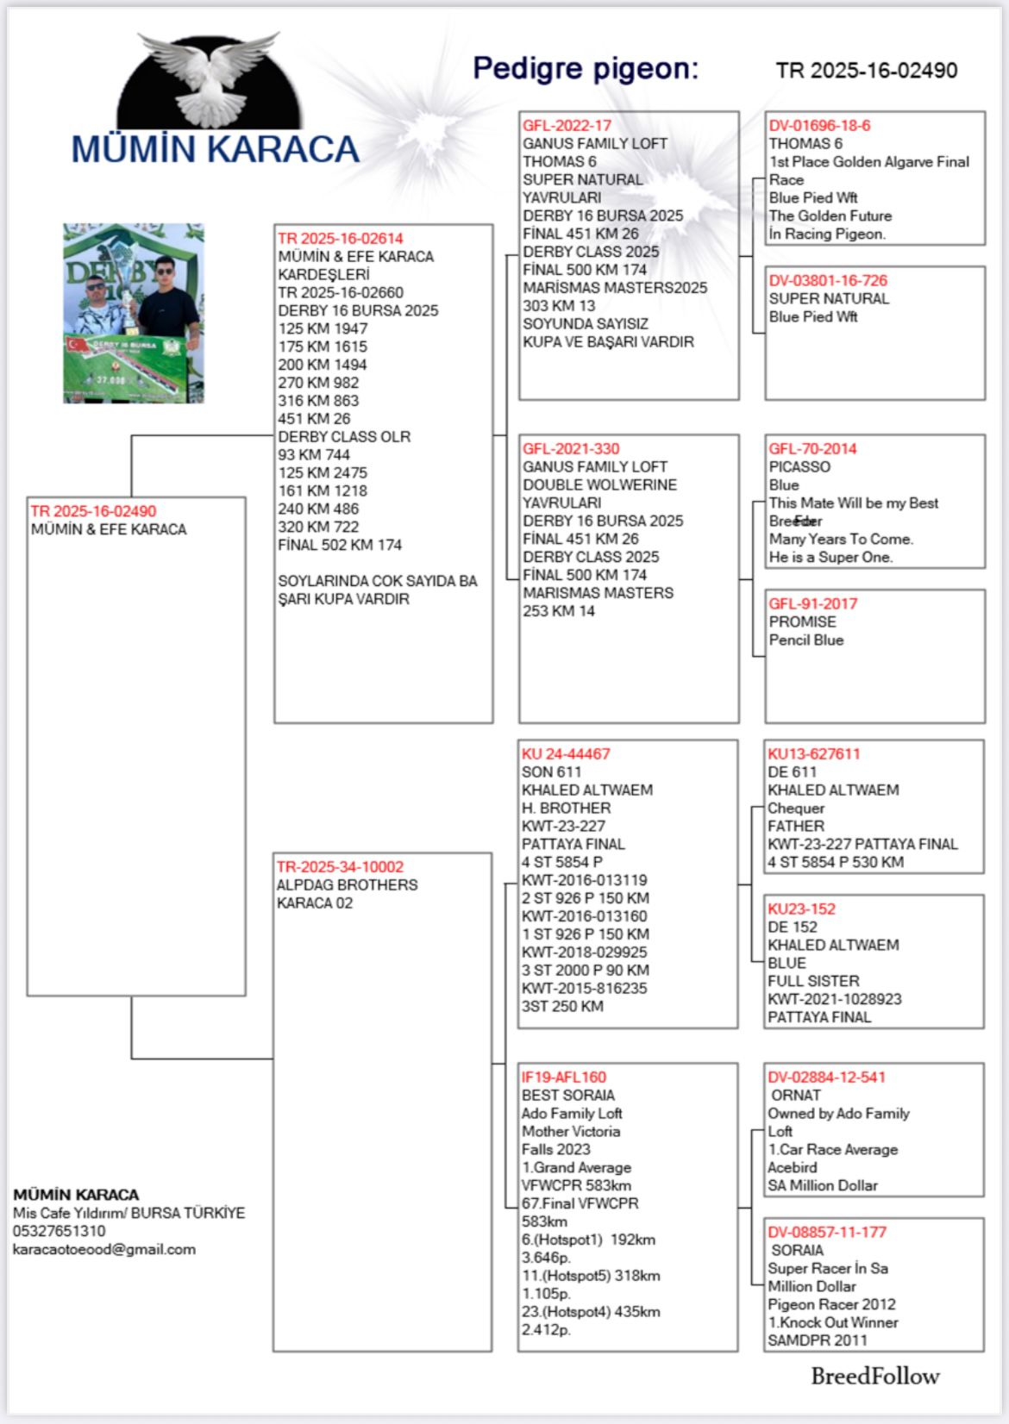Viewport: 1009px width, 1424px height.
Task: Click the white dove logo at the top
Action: click(x=210, y=80)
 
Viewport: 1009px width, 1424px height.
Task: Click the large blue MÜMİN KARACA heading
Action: click(x=215, y=150)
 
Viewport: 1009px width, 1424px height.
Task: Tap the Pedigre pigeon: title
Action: click(x=586, y=68)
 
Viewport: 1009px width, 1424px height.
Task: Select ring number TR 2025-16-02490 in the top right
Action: click(x=866, y=71)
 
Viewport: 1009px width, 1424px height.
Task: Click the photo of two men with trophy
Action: click(x=134, y=314)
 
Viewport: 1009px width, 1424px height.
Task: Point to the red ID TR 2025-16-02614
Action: click(x=340, y=239)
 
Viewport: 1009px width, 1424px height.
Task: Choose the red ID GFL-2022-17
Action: click(x=567, y=126)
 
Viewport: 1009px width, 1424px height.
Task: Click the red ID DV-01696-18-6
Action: click(x=819, y=126)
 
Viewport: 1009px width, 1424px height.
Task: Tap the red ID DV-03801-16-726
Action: click(x=828, y=281)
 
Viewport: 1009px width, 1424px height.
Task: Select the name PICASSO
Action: click(x=799, y=467)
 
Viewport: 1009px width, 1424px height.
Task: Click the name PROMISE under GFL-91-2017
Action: click(x=802, y=622)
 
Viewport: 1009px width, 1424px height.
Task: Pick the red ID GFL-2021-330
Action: click(x=571, y=449)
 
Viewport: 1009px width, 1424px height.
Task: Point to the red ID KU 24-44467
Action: click(x=565, y=754)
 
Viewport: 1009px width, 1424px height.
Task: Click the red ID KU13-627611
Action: click(x=813, y=754)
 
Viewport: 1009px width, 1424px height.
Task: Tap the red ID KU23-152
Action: click(x=801, y=909)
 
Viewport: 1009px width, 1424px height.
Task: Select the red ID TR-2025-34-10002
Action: click(x=340, y=867)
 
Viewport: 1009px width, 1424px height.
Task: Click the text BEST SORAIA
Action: click(x=567, y=1096)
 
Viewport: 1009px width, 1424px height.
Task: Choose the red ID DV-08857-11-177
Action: click(x=827, y=1233)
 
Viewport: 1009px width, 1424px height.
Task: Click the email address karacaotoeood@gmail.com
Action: click(x=103, y=1250)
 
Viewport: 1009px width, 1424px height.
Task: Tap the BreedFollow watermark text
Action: click(x=874, y=1377)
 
